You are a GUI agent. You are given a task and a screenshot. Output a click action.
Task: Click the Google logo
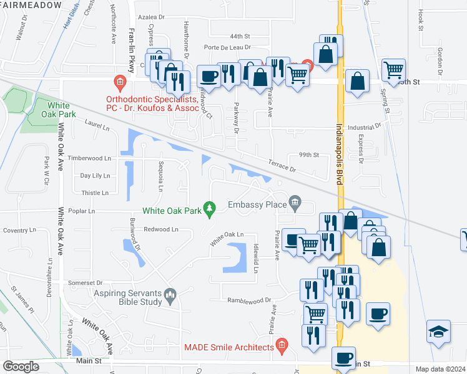click(21, 367)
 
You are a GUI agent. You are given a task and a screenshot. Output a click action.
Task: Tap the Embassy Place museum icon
click(296, 203)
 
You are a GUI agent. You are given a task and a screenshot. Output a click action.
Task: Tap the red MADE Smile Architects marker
click(282, 345)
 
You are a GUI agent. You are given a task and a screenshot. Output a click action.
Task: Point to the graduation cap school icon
click(438, 331)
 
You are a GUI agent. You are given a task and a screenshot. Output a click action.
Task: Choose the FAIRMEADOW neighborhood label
click(31, 5)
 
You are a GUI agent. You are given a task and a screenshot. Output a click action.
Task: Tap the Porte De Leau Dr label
click(227, 47)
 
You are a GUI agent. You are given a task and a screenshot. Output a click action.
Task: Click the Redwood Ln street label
click(161, 229)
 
